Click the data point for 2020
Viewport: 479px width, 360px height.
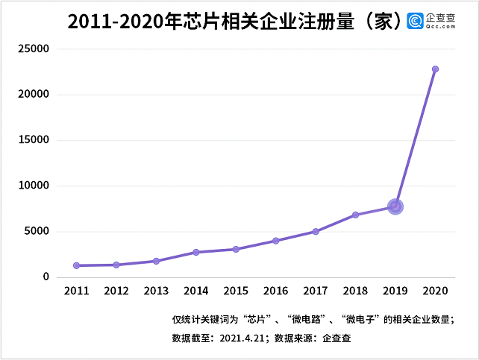point(435,69)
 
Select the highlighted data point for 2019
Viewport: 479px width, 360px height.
point(395,206)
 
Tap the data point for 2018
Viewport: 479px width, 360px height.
point(356,215)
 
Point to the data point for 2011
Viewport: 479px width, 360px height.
point(76,265)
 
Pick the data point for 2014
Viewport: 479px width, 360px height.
point(195,252)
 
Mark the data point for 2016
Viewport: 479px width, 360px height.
point(275,241)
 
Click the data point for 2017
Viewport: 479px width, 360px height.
point(316,231)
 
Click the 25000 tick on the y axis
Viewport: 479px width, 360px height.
point(33,49)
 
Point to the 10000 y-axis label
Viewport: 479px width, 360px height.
point(33,186)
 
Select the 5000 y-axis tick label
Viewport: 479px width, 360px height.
point(36,231)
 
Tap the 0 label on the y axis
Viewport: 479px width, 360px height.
point(46,277)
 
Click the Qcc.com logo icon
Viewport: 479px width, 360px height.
point(415,21)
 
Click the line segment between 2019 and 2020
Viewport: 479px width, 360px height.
point(416,138)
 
